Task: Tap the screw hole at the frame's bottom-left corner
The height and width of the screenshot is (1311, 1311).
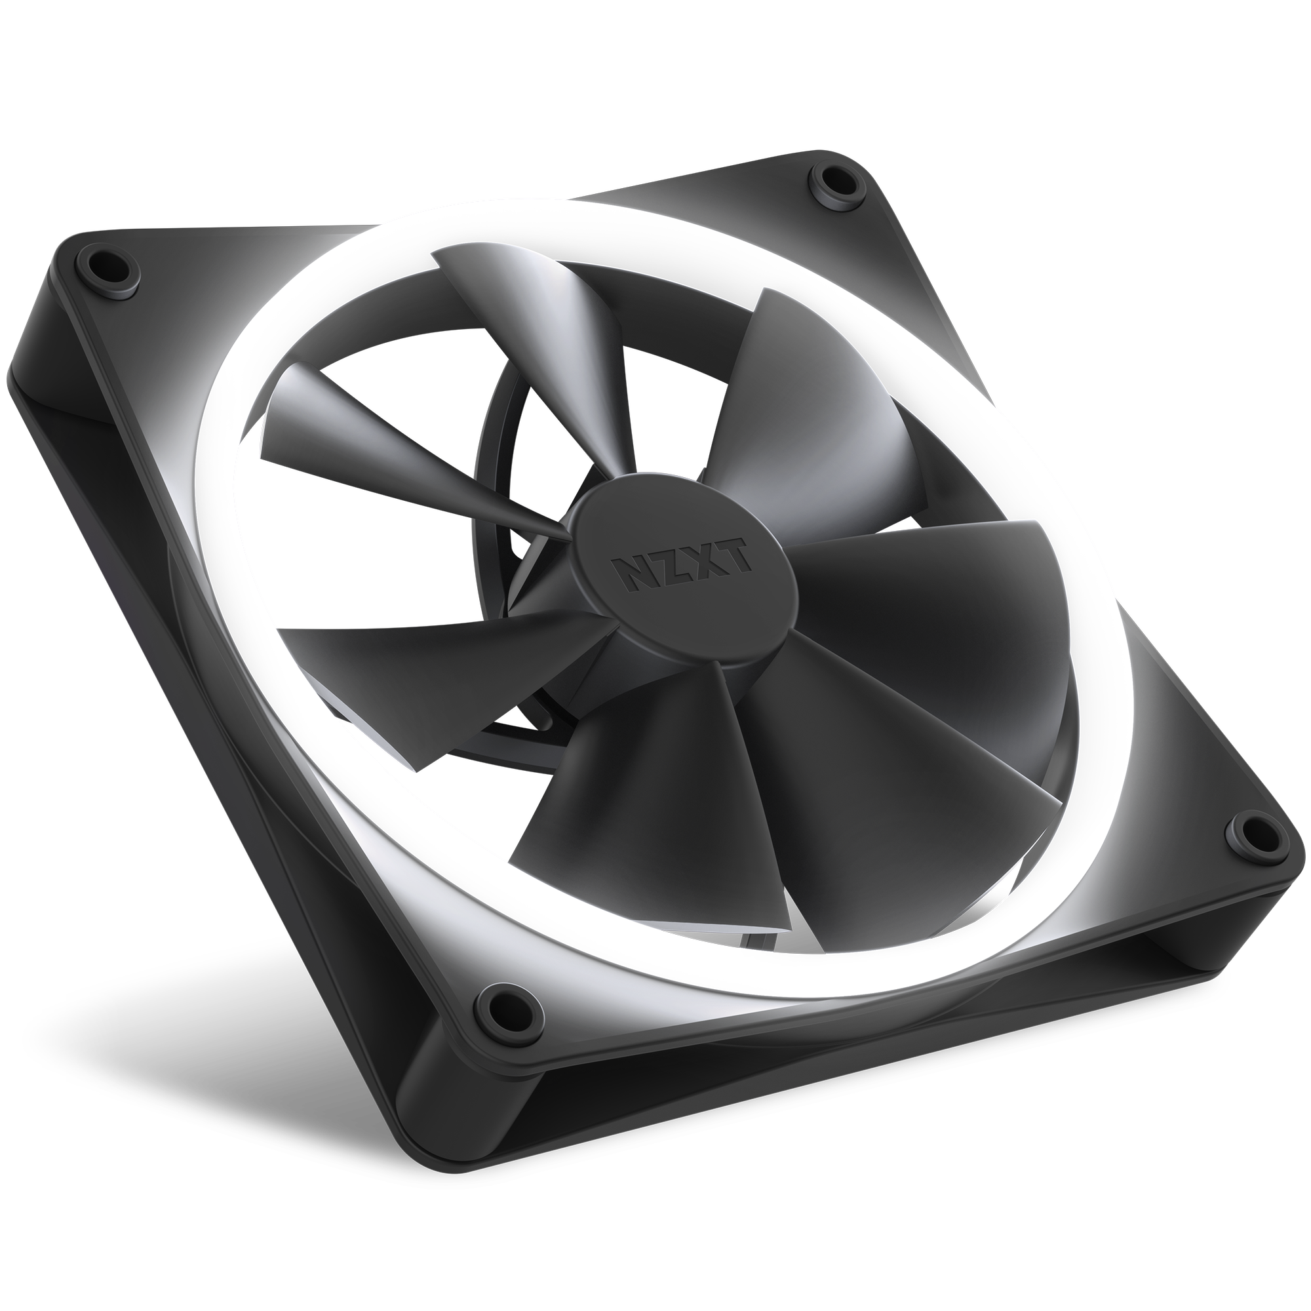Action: point(500,1003)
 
